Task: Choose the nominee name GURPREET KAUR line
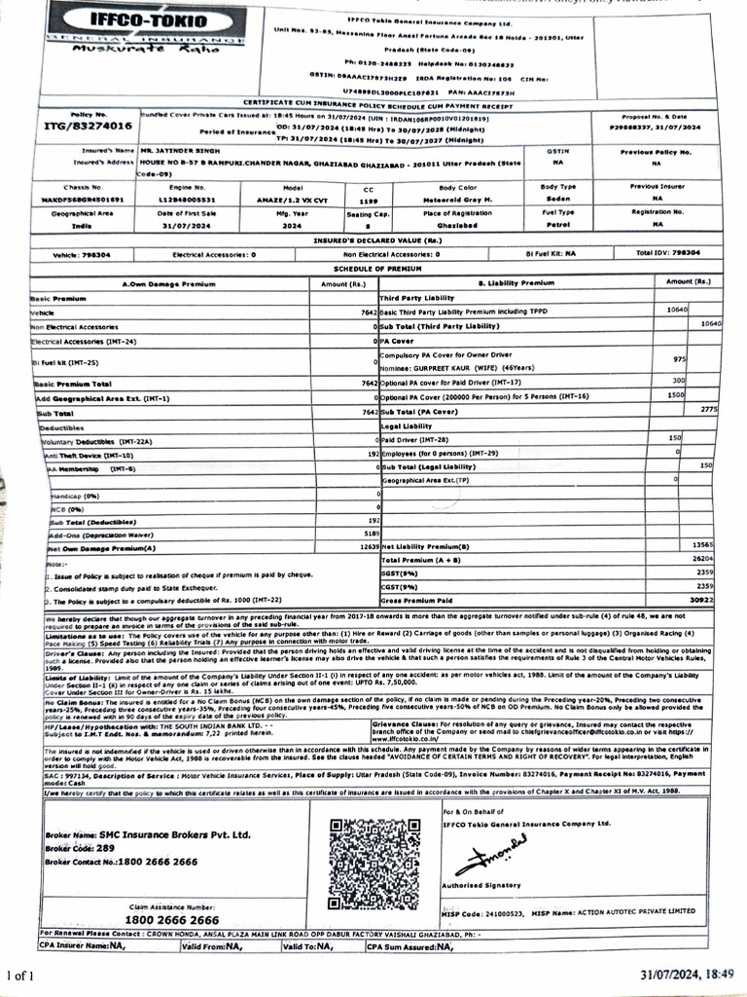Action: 456,369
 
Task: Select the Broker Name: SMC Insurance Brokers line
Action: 147,834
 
